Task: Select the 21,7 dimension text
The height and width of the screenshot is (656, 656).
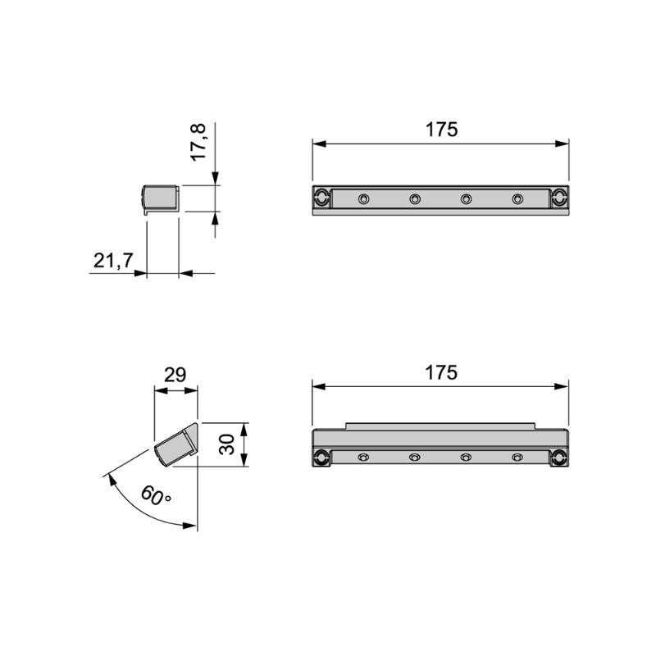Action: tap(113, 261)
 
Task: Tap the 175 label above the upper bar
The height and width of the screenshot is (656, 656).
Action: tap(440, 130)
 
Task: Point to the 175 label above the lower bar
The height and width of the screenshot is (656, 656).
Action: tap(440, 372)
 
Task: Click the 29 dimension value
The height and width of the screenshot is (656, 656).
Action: tap(175, 376)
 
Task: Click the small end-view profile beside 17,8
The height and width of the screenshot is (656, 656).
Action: tap(161, 198)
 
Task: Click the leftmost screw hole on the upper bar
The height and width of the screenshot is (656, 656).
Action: tap(363, 198)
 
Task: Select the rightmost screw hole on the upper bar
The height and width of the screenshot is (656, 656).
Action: tap(517, 198)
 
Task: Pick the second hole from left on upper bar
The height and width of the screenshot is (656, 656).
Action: tap(415, 198)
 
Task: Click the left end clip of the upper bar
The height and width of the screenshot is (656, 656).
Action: tap(321, 198)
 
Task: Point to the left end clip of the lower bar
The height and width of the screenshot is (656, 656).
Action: tap(321, 458)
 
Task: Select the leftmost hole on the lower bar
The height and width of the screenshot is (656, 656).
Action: tap(364, 457)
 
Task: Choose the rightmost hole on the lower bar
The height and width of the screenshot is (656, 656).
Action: tap(517, 457)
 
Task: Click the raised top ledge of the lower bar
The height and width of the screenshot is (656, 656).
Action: tap(440, 426)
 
